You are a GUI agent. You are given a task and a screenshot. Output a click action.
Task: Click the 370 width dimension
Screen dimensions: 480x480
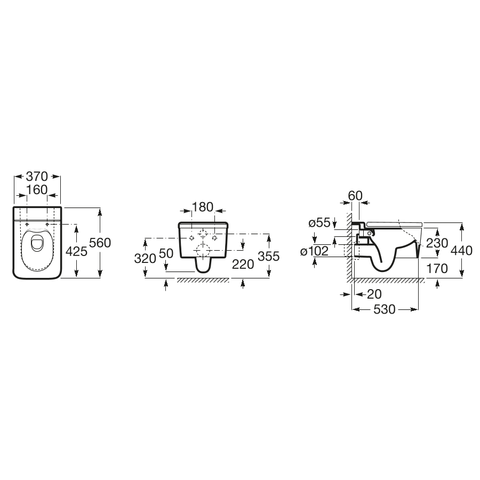[37, 177]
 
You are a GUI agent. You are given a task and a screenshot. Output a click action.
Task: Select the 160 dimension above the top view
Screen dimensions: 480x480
[37, 190]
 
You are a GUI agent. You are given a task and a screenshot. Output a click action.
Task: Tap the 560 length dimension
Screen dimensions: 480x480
[100, 243]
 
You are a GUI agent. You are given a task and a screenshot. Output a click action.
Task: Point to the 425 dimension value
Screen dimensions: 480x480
[76, 251]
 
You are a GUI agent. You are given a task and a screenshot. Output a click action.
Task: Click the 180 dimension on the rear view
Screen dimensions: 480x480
[203, 207]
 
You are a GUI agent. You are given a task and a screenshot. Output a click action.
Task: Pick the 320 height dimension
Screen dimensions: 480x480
[145, 259]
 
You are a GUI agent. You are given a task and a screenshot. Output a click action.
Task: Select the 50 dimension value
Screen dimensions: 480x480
[166, 253]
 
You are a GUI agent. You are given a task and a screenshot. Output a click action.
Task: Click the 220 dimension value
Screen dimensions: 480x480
[243, 265]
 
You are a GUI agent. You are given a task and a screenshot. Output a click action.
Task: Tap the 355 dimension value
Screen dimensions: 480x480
[269, 256]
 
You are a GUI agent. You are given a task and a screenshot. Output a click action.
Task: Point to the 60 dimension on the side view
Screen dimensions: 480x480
[355, 195]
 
